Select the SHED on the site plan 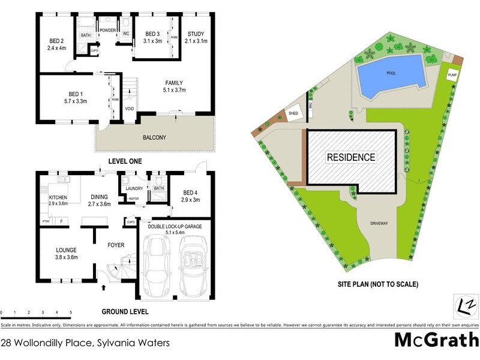pyautogui.click(x=293, y=113)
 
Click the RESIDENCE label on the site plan pyautogui.click(x=351, y=158)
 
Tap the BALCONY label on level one pyautogui.click(x=154, y=137)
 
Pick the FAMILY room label pyautogui.click(x=174, y=83)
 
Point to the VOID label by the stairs pyautogui.click(x=129, y=109)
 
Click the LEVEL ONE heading pyautogui.click(x=125, y=161)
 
